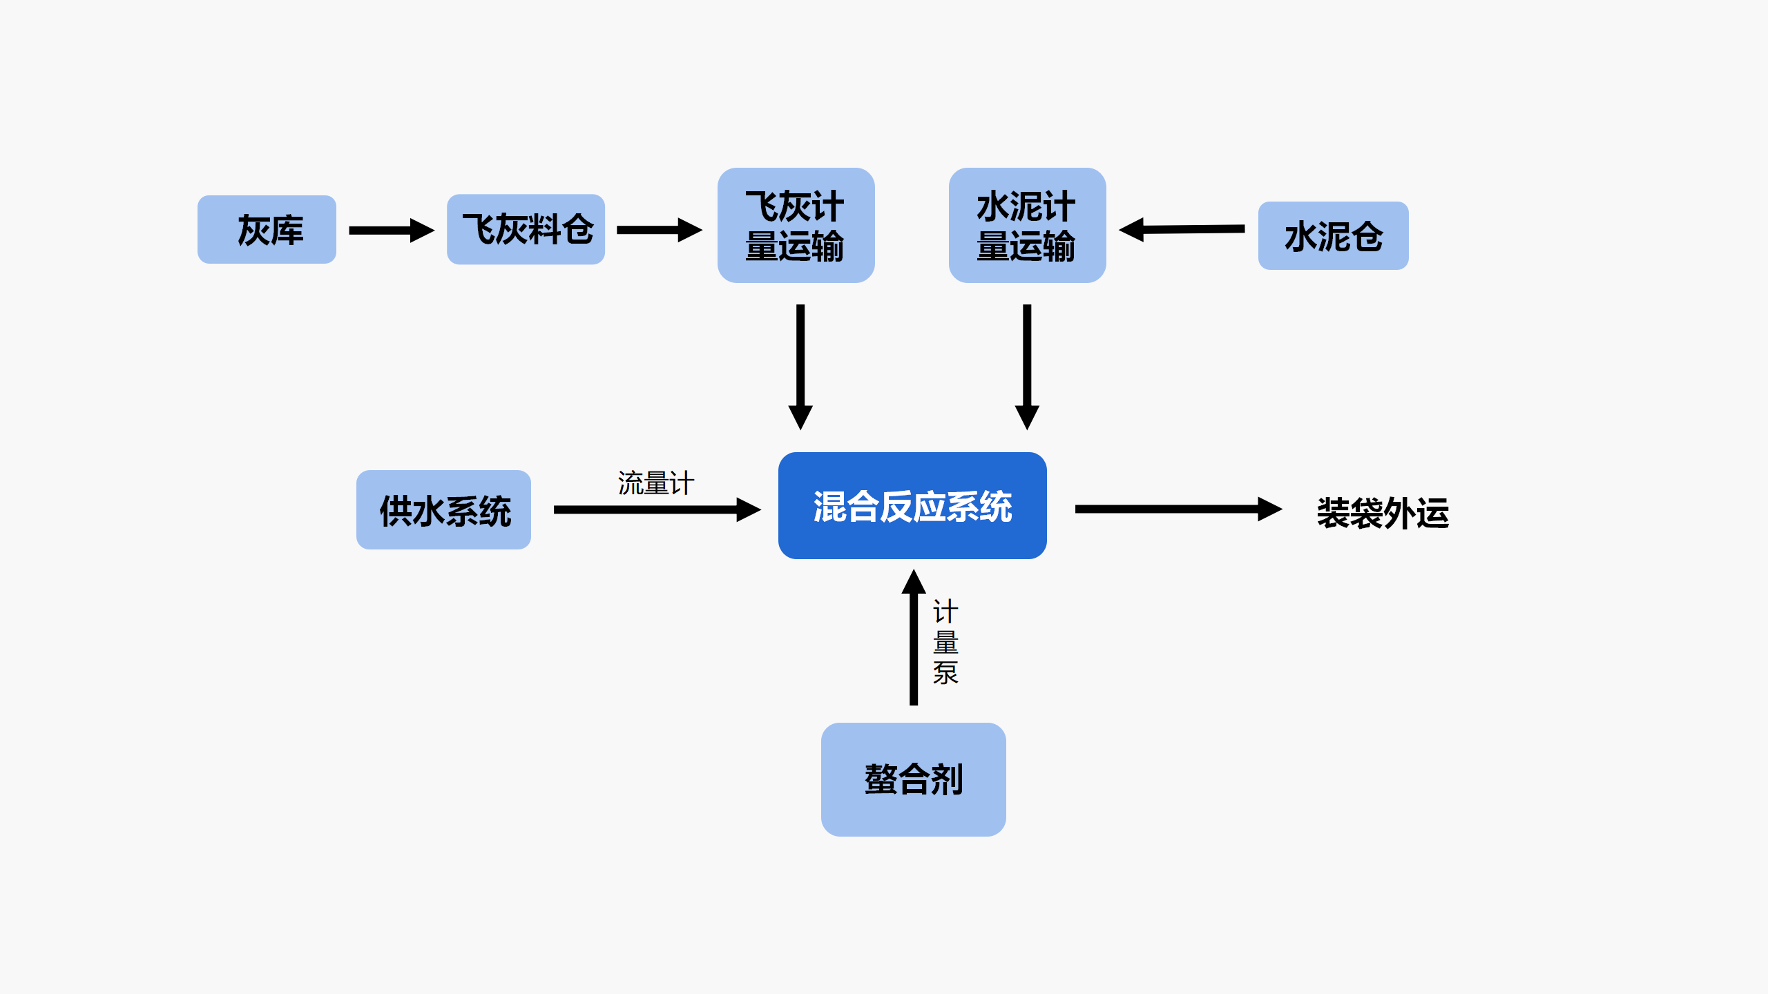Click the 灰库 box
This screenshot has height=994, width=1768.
tap(267, 230)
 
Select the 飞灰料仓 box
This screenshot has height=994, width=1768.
tap(526, 230)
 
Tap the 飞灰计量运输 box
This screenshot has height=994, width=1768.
tap(796, 226)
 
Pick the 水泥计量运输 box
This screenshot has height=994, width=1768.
tap(1027, 226)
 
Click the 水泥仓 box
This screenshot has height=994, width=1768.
tap(1333, 236)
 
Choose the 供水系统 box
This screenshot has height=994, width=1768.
tap(443, 510)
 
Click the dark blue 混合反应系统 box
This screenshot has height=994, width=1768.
tap(912, 506)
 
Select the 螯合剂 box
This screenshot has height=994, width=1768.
tap(913, 779)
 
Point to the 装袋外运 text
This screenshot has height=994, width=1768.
tap(1382, 513)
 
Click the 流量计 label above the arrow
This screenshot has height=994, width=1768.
tap(655, 483)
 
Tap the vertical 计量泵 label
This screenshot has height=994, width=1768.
tap(945, 642)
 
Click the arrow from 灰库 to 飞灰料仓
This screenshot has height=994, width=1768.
tap(391, 231)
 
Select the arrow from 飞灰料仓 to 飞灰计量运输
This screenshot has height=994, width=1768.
tap(658, 231)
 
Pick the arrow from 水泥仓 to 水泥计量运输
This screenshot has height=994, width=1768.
tap(1182, 229)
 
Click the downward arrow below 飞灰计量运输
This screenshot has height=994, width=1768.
tap(800, 366)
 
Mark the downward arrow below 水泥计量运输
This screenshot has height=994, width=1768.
tap(1027, 366)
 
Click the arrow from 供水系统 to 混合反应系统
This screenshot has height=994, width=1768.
tap(656, 510)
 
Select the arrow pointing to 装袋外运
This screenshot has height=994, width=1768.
tap(1178, 509)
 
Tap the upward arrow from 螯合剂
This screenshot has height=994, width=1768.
tap(914, 639)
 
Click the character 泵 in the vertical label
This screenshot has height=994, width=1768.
tap(945, 673)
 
